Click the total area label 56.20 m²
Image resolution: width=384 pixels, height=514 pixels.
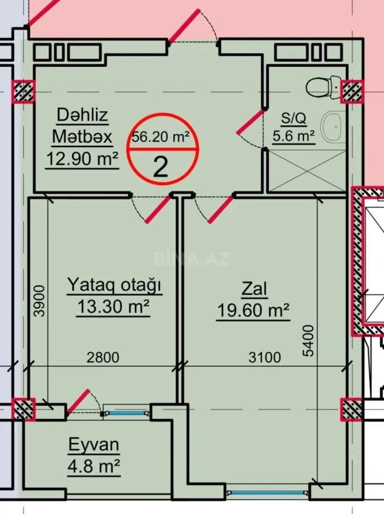(160, 136)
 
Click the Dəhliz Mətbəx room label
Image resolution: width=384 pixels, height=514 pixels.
(82, 126)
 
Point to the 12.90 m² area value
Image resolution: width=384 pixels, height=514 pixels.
(82, 158)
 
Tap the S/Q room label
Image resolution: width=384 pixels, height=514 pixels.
(293, 119)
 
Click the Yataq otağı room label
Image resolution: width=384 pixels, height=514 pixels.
(114, 285)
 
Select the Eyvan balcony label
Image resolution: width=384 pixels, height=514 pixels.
(95, 445)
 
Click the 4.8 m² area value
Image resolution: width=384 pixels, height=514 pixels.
(95, 466)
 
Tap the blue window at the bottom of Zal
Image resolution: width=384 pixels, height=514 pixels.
(263, 493)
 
